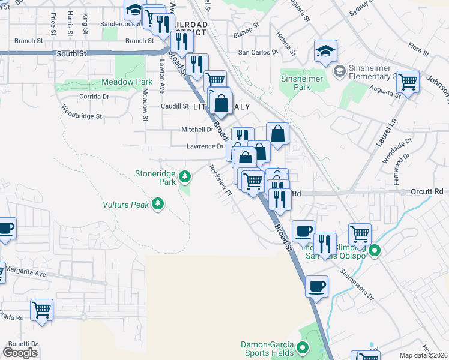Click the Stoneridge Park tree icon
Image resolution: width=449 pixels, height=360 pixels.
185,176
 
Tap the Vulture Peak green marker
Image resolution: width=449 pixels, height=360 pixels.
158,205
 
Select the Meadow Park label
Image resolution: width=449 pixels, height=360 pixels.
127,81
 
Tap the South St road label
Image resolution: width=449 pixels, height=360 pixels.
72,53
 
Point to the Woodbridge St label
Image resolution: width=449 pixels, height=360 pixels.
82,112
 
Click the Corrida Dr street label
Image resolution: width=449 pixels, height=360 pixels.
94,96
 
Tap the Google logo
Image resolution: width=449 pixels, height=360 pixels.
20,352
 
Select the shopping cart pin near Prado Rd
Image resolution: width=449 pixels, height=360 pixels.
42,310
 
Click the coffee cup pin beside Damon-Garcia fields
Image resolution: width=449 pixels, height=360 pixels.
316,286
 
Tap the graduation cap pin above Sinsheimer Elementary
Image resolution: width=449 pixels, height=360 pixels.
325,50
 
